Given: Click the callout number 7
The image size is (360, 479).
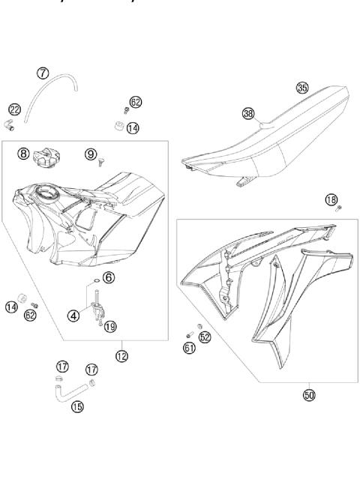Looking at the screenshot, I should (43, 73).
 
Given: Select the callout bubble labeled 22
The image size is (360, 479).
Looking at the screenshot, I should (14, 110).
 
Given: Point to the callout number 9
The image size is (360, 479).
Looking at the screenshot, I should (91, 154).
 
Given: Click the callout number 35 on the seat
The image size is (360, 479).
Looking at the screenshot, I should (301, 88).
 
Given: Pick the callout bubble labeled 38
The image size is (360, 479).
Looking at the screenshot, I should (248, 113).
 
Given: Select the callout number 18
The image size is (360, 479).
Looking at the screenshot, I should (331, 199).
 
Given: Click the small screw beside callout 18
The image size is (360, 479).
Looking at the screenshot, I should (339, 207).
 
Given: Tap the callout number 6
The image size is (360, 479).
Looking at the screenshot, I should (109, 277).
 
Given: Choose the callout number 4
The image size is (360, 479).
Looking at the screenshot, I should (73, 316).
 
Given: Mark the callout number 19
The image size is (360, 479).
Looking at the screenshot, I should (110, 326).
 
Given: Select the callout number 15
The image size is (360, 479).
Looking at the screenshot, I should (76, 407).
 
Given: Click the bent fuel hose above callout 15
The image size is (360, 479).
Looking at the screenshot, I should (71, 390).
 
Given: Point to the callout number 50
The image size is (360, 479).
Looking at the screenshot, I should (307, 394).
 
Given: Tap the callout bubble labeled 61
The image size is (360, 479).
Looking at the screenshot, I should (189, 347).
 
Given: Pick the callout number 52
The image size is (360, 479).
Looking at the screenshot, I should (205, 337).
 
